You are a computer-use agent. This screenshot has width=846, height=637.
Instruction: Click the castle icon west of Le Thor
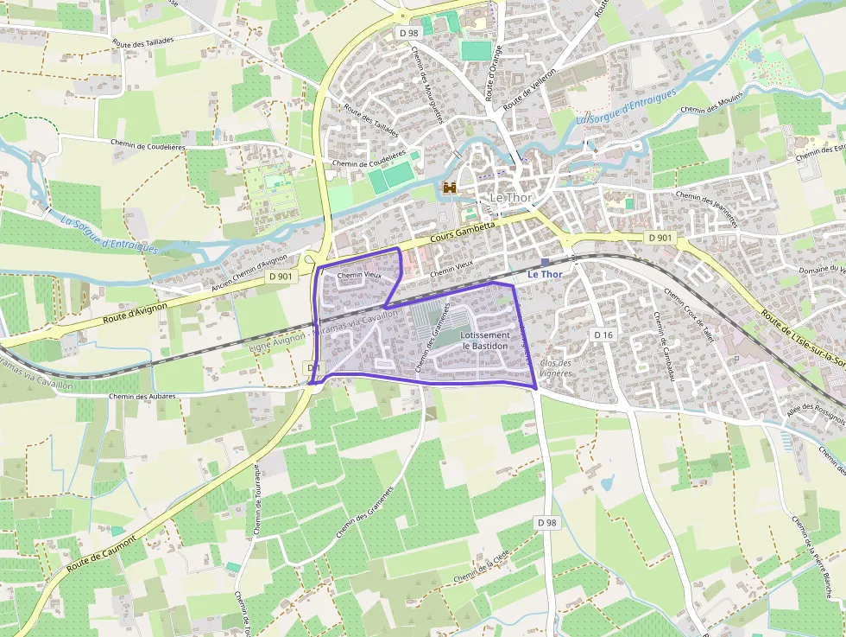click(449, 187)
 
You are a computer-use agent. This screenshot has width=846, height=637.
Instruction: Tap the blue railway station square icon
click(545, 262)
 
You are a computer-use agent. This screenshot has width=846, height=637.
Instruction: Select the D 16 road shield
click(603, 334)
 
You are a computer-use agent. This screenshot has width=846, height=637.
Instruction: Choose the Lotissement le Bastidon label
click(485, 340)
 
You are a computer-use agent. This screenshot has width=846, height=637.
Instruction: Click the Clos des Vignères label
click(556, 368)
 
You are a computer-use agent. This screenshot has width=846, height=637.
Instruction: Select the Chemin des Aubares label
click(142, 396)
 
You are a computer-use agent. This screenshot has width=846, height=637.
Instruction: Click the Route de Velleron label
click(527, 89)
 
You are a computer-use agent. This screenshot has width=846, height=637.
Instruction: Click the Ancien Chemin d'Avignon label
click(249, 273)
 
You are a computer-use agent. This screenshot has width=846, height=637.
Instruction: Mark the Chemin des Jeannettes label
click(707, 208)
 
